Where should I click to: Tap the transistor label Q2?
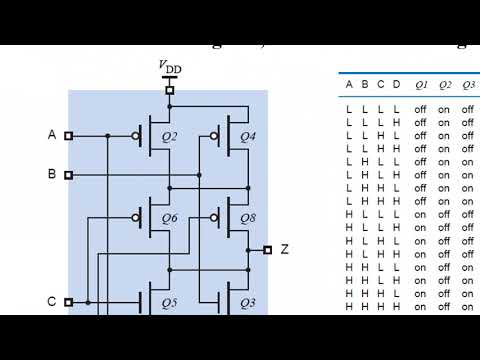168,135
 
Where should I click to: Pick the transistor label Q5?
168,301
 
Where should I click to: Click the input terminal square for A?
69,135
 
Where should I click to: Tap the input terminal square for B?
69,175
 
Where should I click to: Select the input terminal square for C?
69,301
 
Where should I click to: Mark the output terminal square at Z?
267,250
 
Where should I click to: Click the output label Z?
284,249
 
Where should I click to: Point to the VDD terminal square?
170,90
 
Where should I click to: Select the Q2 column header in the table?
444,85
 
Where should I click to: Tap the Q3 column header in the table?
468,85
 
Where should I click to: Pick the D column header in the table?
396,85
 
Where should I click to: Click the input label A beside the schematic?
52,134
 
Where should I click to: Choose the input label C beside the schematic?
52,301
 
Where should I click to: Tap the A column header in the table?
349,85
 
